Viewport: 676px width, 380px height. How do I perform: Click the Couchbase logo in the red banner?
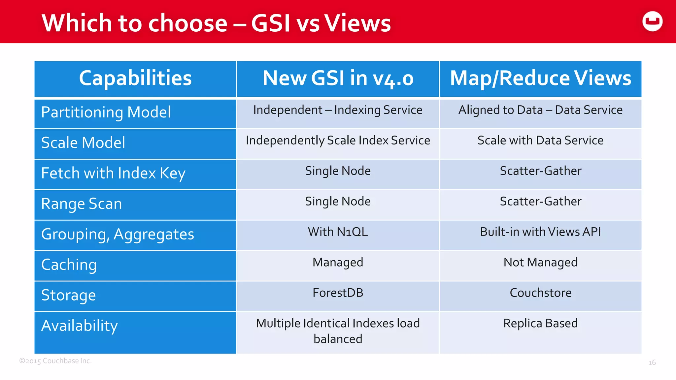pos(652,21)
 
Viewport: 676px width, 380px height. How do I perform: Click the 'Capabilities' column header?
pos(135,79)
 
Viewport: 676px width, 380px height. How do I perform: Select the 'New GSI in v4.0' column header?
pos(338,79)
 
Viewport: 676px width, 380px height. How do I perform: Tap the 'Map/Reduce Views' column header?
pos(540,79)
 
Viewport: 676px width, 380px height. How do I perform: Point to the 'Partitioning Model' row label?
pos(106,112)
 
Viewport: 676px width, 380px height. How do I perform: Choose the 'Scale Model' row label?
pos(83,143)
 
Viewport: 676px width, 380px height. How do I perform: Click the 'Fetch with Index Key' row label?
pos(113,173)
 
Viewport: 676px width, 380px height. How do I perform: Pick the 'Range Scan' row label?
pos(82,204)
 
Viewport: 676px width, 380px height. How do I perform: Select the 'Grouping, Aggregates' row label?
pos(118,234)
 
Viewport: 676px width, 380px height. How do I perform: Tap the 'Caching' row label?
pos(69,265)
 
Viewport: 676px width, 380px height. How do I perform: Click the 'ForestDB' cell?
pos(338,293)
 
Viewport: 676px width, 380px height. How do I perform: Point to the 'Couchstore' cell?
pos(540,293)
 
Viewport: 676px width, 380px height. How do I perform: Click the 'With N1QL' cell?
pos(338,232)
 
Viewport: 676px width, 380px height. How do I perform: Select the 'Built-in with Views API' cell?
pos(540,232)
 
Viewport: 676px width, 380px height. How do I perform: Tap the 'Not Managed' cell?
pos(540,262)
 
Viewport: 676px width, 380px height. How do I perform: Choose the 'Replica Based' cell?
pos(540,323)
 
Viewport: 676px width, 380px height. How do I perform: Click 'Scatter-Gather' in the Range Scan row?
pos(540,201)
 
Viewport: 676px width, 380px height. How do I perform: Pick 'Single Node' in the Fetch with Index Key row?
pos(338,171)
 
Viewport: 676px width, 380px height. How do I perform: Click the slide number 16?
pos(652,363)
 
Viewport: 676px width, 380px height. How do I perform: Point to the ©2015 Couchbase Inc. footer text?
pos(55,361)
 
